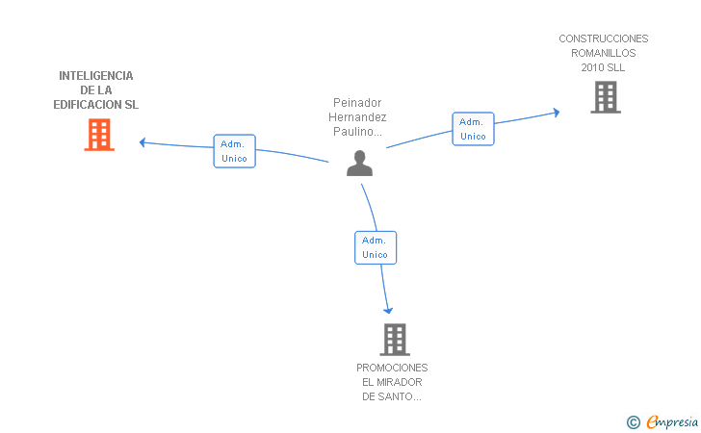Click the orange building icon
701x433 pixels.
click(99, 135)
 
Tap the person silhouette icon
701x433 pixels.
click(359, 164)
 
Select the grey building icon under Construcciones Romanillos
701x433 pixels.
click(606, 97)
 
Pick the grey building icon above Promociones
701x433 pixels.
click(395, 340)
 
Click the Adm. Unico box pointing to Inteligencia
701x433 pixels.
click(234, 151)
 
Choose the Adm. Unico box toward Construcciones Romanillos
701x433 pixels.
click(473, 129)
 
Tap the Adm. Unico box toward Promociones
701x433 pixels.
click(376, 247)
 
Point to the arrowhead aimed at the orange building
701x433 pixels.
click(143, 142)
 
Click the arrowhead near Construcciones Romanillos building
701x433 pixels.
click(557, 113)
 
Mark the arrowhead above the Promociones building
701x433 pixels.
click(388, 311)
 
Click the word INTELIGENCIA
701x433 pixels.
click(96, 76)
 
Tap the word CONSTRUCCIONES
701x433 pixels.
click(604, 38)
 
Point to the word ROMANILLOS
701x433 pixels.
click(603, 53)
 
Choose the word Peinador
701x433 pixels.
click(357, 103)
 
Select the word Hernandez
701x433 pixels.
click(357, 117)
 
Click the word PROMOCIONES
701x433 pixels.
click(392, 368)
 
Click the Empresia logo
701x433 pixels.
click(662, 421)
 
